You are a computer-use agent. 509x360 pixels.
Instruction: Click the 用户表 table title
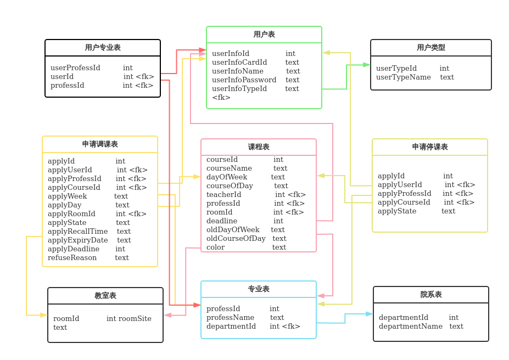point(264,35)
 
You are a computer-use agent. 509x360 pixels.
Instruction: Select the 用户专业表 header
point(103,48)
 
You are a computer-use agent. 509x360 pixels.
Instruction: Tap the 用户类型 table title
point(431,48)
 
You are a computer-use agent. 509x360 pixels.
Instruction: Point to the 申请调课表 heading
point(100,144)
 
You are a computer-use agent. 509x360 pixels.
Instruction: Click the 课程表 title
point(259,147)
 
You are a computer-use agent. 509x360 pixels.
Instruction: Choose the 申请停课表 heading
point(430,147)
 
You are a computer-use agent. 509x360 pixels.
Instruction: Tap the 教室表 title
point(105,295)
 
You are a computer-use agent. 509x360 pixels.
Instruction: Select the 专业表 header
point(259,289)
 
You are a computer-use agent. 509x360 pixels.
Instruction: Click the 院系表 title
point(431,295)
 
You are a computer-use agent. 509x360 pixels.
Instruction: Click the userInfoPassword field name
point(244,80)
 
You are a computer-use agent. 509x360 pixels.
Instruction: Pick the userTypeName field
point(404,77)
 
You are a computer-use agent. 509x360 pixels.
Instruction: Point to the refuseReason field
point(72,258)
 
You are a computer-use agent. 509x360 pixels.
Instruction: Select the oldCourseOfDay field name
point(236,239)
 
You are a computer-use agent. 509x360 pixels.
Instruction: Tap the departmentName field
point(411,327)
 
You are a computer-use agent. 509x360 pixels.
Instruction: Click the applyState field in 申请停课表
point(397,211)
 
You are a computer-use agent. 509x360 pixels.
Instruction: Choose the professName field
point(231,318)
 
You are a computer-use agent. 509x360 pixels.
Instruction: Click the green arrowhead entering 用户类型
point(366,65)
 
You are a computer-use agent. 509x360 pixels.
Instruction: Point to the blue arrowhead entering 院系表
point(370,314)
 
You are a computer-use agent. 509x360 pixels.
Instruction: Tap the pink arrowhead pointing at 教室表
point(168,315)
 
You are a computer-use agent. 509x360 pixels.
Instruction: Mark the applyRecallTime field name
point(77,232)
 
